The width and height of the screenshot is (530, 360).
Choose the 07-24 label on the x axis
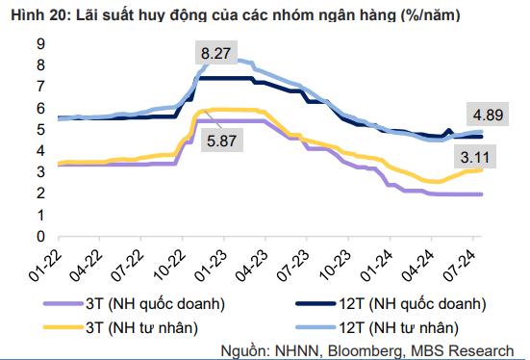pyautogui.click(x=475, y=260)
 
